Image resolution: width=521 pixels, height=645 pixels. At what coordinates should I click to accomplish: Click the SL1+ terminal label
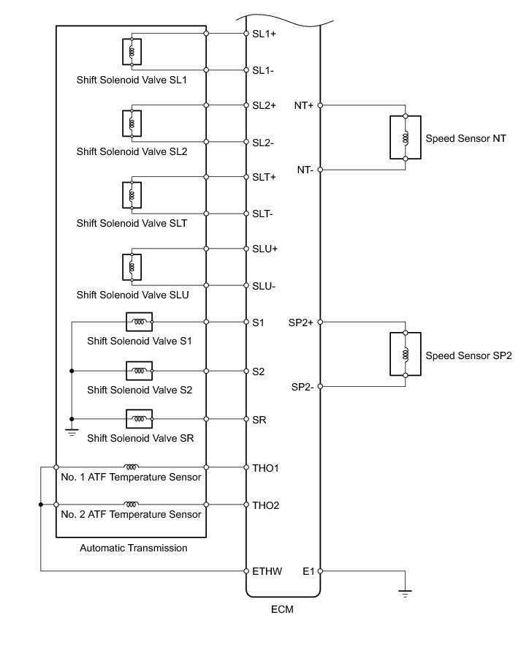264,34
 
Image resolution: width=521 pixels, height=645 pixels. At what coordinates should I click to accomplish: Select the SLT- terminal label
264,214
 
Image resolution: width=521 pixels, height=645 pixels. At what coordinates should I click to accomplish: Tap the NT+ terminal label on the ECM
304,105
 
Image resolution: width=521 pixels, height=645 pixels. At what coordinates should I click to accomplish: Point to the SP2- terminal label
302,386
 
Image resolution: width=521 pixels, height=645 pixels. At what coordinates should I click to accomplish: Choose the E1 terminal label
308,571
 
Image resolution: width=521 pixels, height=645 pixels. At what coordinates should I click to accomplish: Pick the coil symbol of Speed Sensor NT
405,137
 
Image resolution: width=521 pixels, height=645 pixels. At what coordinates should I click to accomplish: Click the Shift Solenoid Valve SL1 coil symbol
132,52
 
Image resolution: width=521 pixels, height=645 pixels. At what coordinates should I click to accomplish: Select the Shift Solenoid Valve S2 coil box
139,371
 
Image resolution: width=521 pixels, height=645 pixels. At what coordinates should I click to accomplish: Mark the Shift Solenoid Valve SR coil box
139,418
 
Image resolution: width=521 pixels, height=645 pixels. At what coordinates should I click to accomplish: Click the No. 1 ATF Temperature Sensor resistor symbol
132,466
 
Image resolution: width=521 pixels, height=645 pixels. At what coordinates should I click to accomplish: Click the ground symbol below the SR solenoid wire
72,431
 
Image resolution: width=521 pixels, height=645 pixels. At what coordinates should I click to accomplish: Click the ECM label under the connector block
282,608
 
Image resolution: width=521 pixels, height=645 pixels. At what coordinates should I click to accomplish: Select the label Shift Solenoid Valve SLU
132,295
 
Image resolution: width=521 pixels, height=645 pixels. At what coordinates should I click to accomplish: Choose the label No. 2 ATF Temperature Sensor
132,514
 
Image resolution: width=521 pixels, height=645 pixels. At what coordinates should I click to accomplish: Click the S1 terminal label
258,322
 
